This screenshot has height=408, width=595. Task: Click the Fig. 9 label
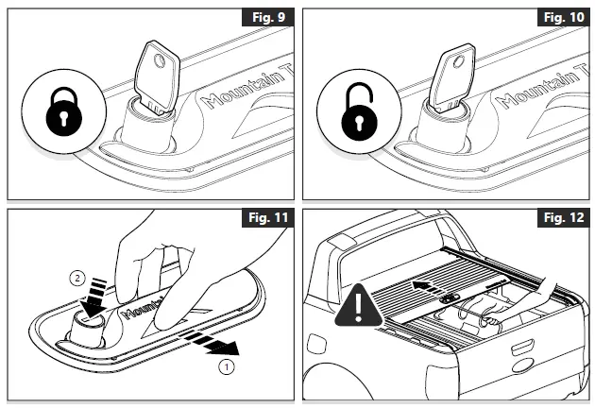coord(264,17)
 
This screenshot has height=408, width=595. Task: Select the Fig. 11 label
coord(264,220)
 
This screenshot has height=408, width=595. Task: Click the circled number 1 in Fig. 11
coord(224,363)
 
